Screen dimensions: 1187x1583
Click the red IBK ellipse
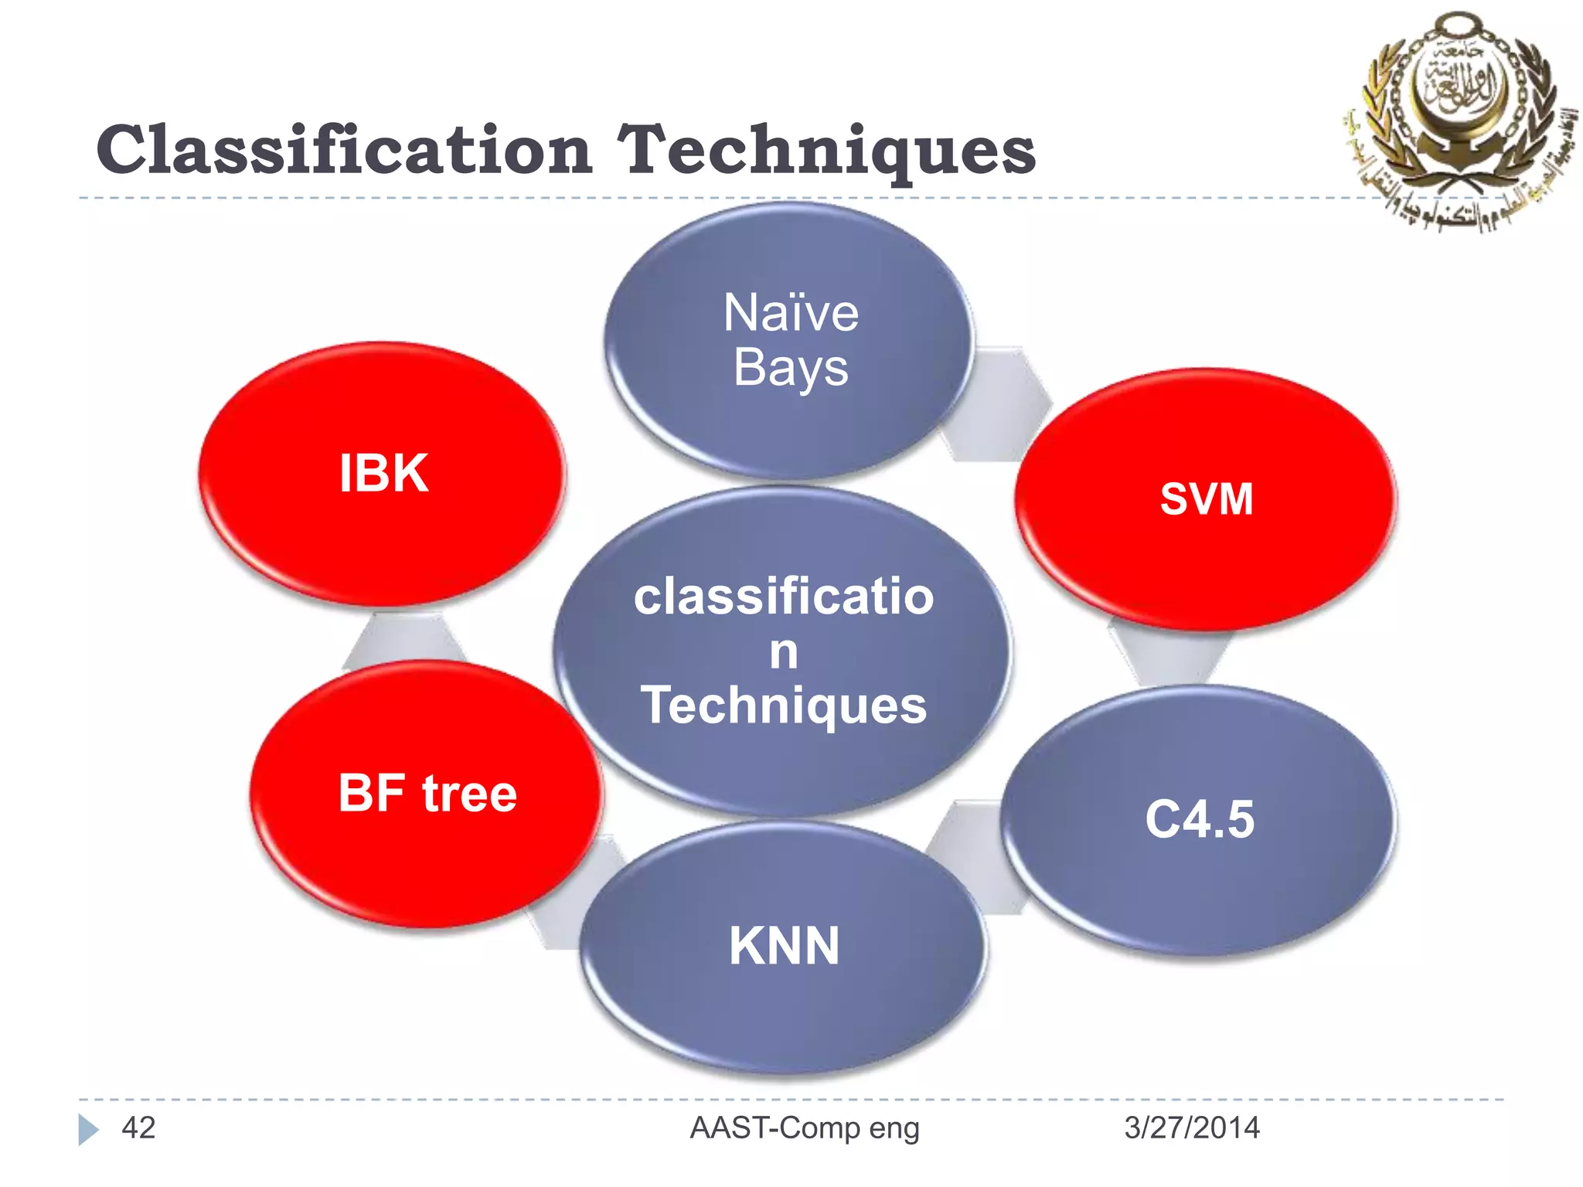pyautogui.click(x=383, y=473)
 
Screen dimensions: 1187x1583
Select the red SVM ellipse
pyautogui.click(x=1206, y=498)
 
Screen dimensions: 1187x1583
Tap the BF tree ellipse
pyautogui.click(x=427, y=794)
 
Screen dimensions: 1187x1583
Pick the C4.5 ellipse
pyautogui.click(x=1199, y=819)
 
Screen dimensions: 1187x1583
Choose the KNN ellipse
pyautogui.click(x=783, y=946)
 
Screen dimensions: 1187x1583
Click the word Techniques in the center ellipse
pyautogui.click(x=783, y=705)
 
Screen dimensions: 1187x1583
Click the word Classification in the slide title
pyautogui.click(x=344, y=151)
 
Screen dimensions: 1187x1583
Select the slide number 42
pyautogui.click(x=138, y=1128)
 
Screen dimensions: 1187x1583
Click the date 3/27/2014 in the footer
pyautogui.click(x=1191, y=1128)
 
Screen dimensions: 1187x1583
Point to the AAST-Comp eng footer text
pyautogui.click(x=804, y=1128)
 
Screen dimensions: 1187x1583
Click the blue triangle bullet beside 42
pyautogui.click(x=88, y=1129)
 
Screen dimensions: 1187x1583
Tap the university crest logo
pyautogui.click(x=1457, y=116)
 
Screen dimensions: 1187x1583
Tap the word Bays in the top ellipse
pyautogui.click(x=790, y=368)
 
